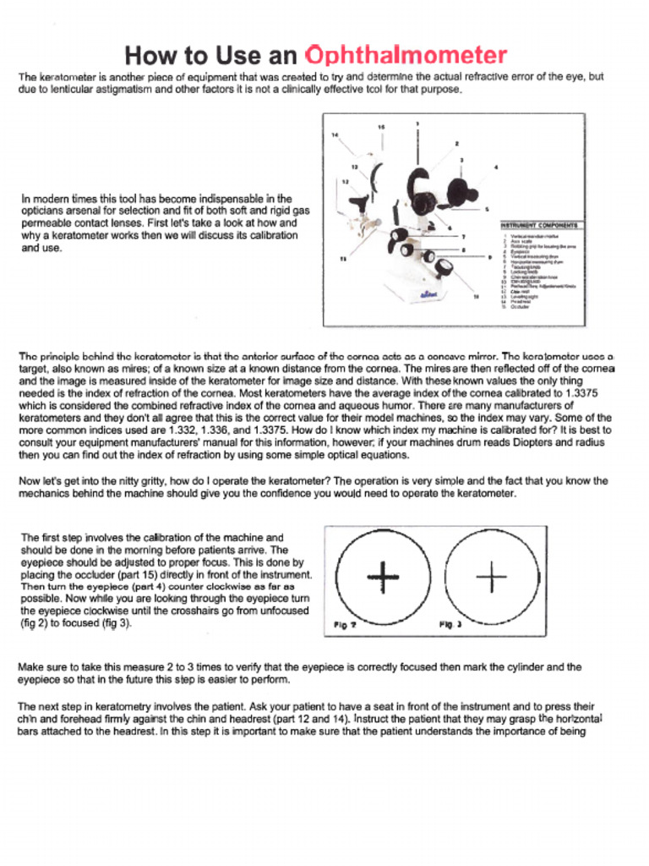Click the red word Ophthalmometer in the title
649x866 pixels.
pos(406,56)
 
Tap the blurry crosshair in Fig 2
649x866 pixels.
pos(384,578)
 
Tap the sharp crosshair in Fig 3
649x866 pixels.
pos(491,578)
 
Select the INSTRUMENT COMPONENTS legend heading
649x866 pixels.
pos(539,226)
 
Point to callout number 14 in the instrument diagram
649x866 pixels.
pos(335,135)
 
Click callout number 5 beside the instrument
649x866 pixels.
pos(487,209)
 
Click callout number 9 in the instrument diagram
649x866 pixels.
pos(490,257)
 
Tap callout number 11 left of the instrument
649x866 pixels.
pos(342,259)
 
